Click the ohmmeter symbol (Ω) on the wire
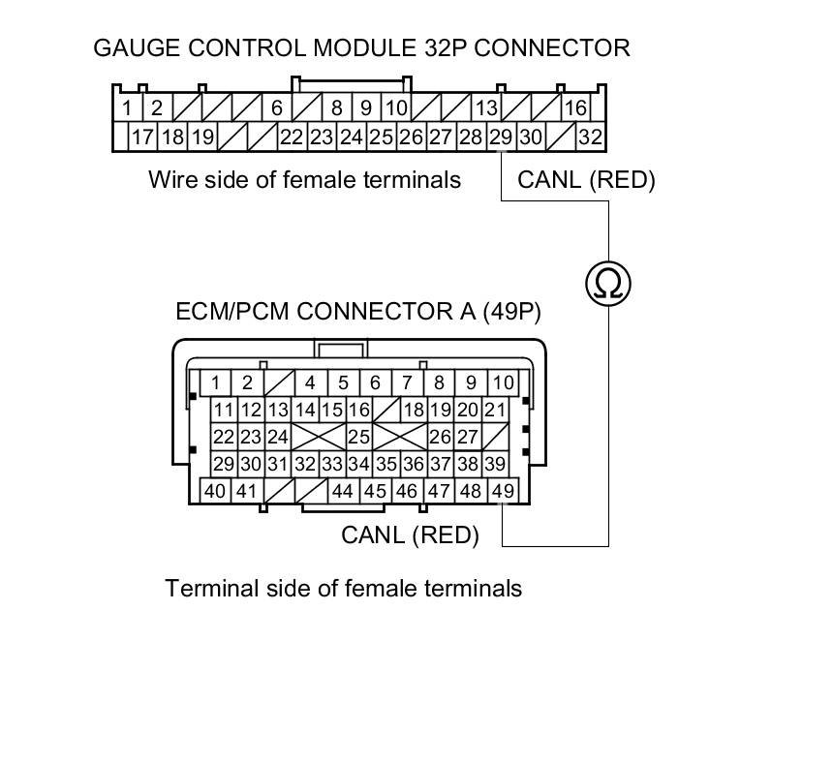[608, 283]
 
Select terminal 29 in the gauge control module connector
[500, 137]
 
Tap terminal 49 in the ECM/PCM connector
[502, 491]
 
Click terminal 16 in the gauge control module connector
[575, 107]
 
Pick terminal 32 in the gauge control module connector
[590, 137]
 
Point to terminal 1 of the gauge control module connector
[127, 107]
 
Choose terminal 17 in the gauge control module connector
[141, 137]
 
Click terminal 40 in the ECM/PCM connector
[215, 491]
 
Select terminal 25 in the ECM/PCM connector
[358, 437]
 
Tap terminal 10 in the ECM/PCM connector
[503, 382]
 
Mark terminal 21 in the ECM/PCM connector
[495, 410]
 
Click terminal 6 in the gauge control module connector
[276, 107]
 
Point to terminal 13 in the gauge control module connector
[485, 107]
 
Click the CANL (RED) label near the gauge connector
[586, 179]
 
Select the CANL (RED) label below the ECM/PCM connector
[410, 534]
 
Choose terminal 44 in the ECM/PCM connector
[342, 491]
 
